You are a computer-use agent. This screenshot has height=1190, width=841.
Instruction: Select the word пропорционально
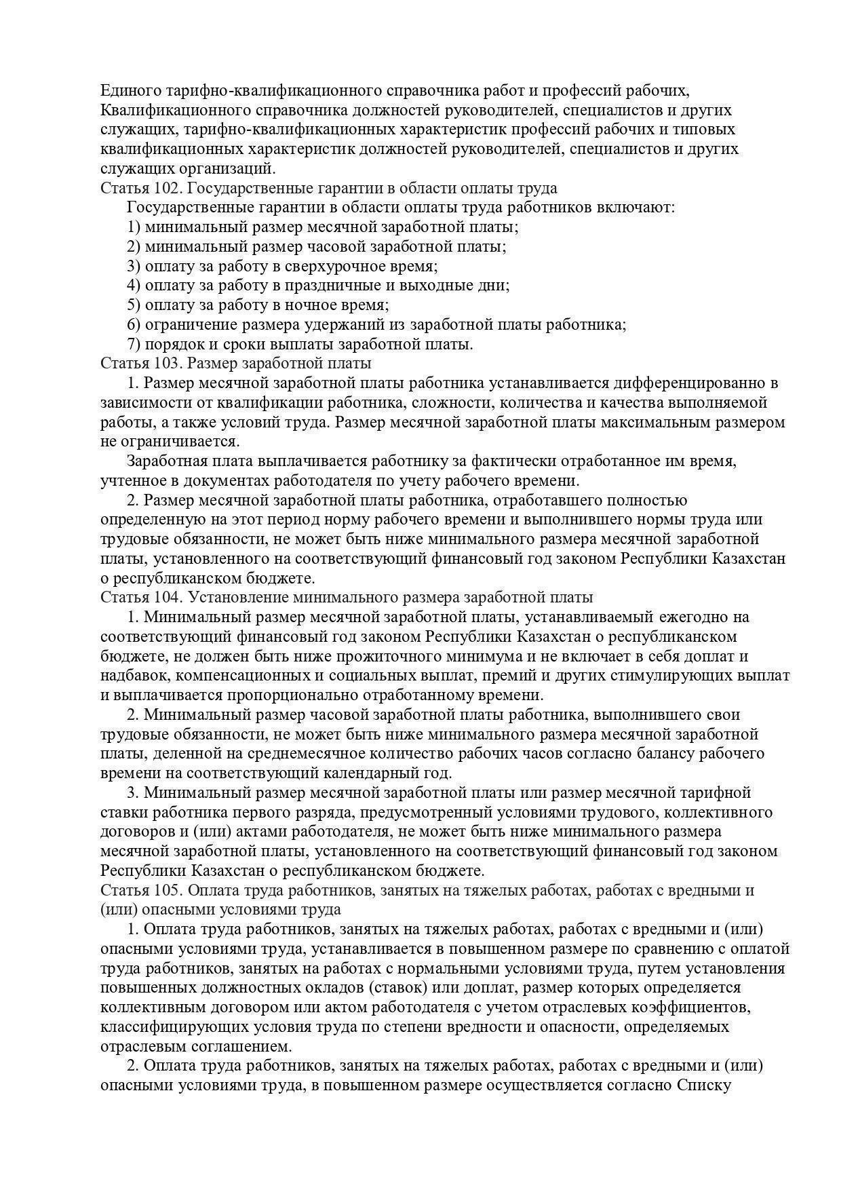pos(292,695)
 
